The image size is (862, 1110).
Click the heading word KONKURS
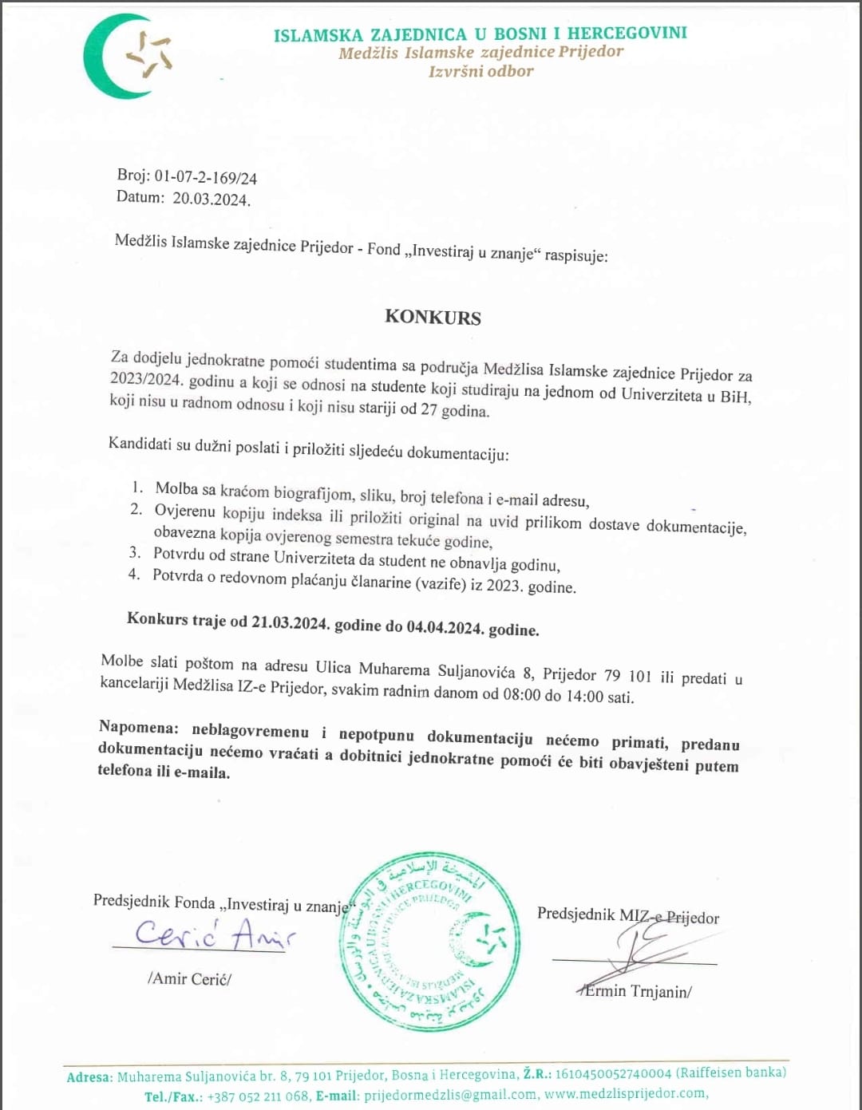pos(433,317)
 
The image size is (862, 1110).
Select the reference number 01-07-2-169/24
pos(205,177)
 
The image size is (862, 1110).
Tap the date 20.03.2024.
pos(212,199)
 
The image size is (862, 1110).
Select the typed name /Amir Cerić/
pos(189,978)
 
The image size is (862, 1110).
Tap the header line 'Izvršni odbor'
pos(480,71)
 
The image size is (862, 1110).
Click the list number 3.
pos(135,552)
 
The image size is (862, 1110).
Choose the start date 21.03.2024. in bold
pos(290,622)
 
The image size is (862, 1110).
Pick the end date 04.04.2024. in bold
pos(445,627)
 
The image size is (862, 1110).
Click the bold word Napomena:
pos(138,727)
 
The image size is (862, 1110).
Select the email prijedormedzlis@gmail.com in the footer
pos(449,1096)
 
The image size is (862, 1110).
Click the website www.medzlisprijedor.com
pos(626,1093)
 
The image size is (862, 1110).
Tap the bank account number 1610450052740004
pos(613,1073)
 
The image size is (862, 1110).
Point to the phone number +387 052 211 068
pos(257,1096)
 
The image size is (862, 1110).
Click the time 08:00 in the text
pos(521,694)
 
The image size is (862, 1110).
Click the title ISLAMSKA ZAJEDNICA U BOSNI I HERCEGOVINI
pos(480,34)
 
